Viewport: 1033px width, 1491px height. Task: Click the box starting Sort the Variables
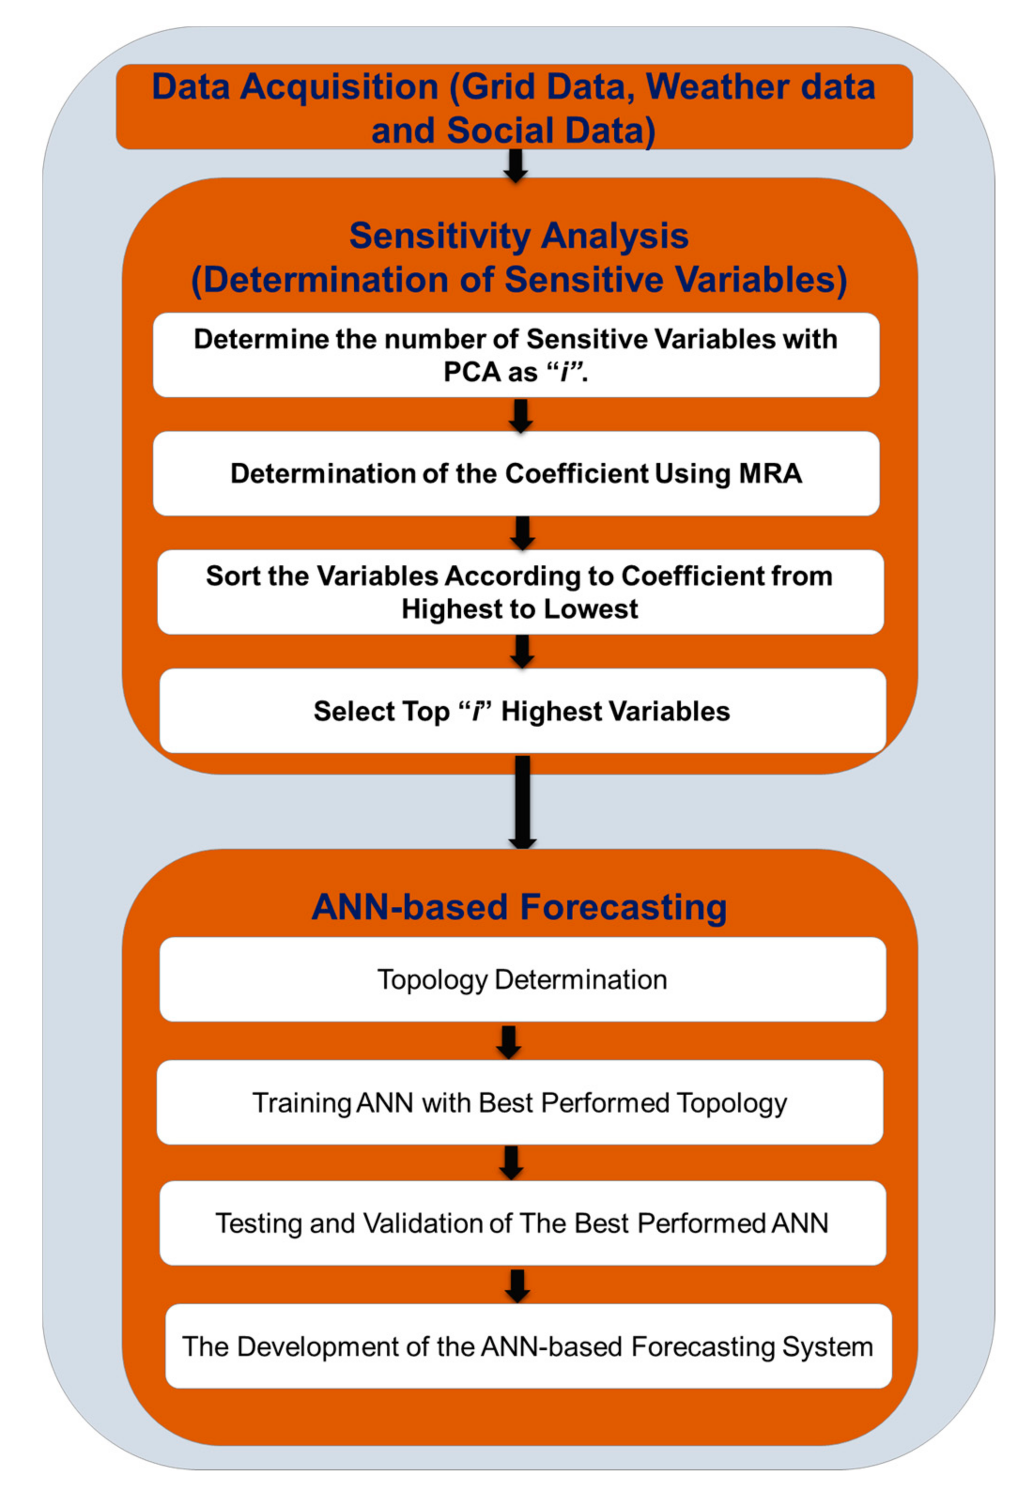[520, 592]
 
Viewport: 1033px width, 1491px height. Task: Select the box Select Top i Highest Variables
[522, 711]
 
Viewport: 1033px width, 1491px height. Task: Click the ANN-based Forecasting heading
[519, 907]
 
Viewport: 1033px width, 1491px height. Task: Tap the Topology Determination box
[522, 979]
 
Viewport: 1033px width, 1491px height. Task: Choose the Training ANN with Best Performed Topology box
[519, 1103]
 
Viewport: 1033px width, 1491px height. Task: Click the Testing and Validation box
[522, 1223]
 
